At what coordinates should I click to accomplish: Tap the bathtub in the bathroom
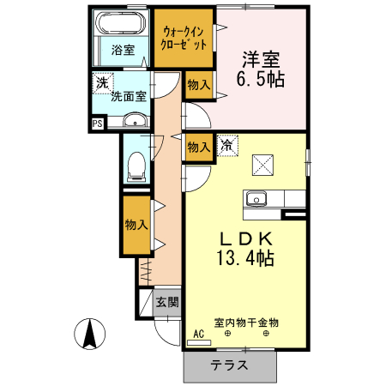coord(122,24)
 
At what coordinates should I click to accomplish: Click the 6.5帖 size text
coord(260,80)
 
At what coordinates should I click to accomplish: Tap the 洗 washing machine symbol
coord(103,83)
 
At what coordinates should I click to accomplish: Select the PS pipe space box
coord(98,123)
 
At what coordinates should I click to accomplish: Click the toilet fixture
coord(135,166)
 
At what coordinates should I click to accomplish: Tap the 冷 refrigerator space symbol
coord(226,146)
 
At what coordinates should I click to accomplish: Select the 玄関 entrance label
coord(167,302)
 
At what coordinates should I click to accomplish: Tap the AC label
coord(199,335)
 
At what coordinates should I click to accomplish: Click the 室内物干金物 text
coord(247,323)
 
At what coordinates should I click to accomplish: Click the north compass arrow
coord(90,333)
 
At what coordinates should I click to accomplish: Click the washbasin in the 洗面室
coord(135,123)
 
